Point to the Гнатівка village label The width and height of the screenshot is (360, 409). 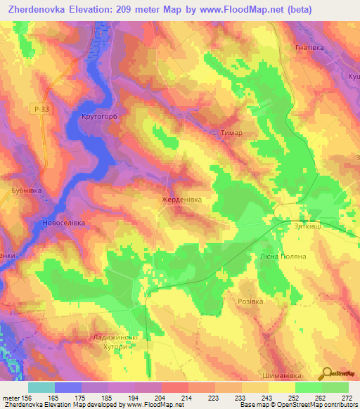click(x=304, y=48)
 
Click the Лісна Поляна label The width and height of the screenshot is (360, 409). click(x=283, y=257)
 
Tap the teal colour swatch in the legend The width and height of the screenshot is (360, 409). click(x=41, y=387)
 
